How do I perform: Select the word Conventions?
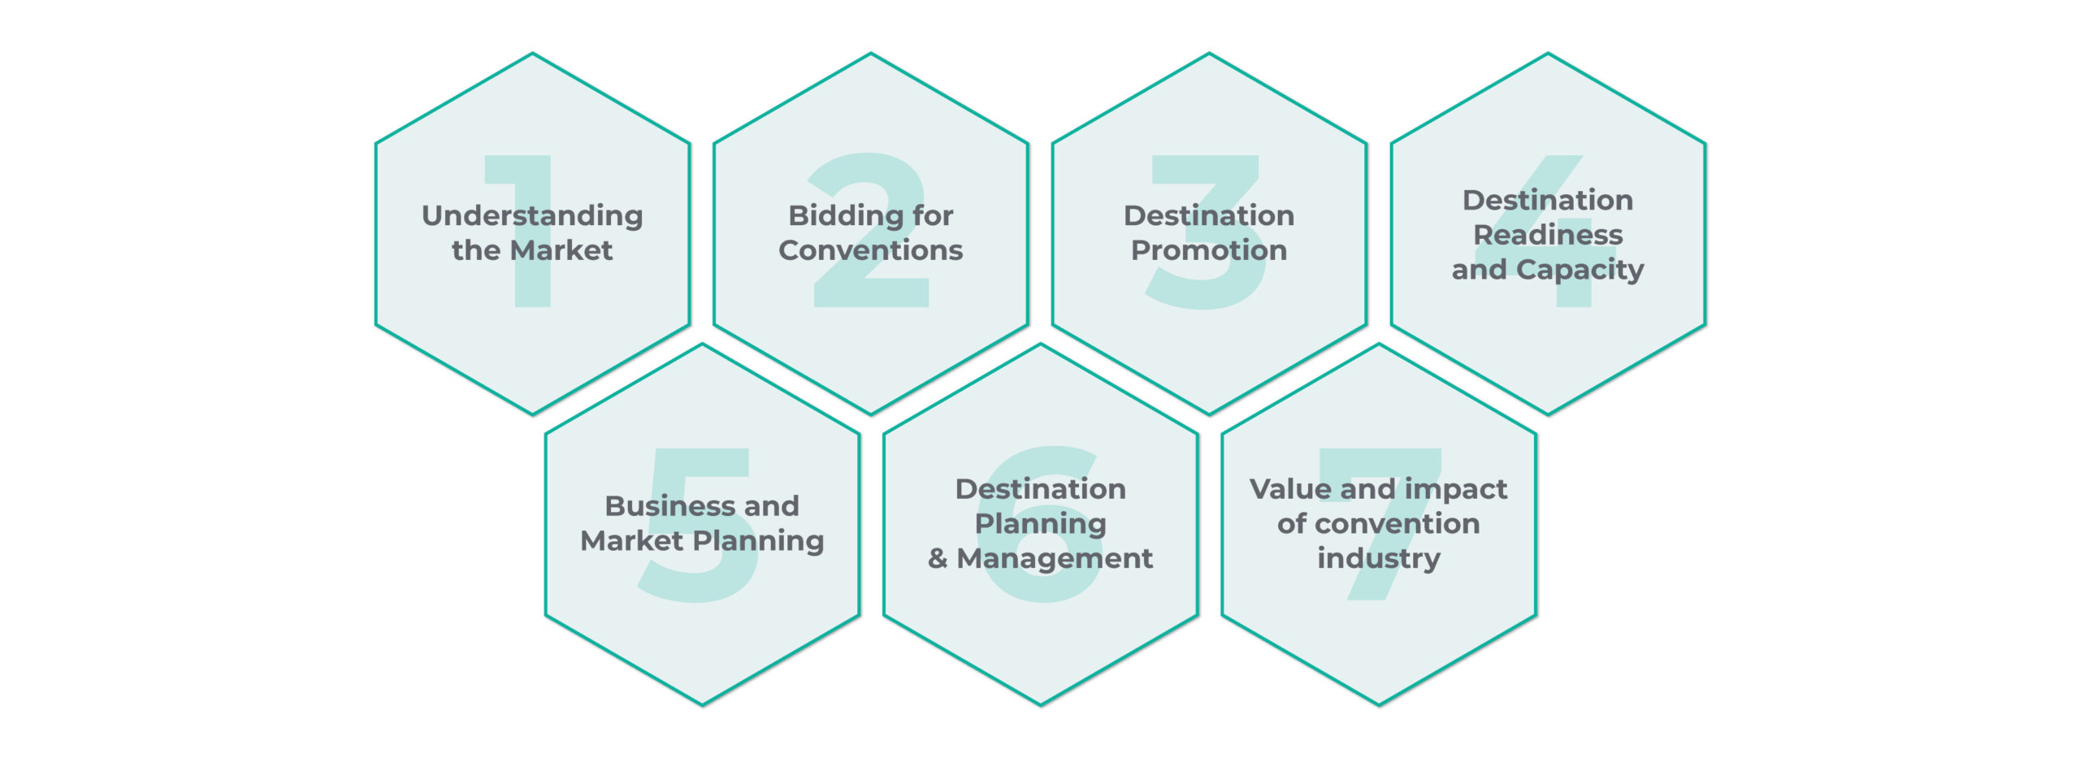pyautogui.click(x=870, y=250)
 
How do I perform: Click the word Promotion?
pyautogui.click(x=1209, y=250)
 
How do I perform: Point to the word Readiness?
pyautogui.click(x=1548, y=235)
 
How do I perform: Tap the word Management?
pyautogui.click(x=1055, y=559)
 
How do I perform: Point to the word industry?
pyautogui.click(x=1379, y=559)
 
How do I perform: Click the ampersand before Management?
pyautogui.click(x=938, y=558)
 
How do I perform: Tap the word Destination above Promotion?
pyautogui.click(x=1209, y=215)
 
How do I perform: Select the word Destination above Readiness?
pyautogui.click(x=1548, y=200)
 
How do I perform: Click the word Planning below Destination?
pyautogui.click(x=1040, y=525)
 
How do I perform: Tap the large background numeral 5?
pyautogui.click(x=696, y=525)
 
